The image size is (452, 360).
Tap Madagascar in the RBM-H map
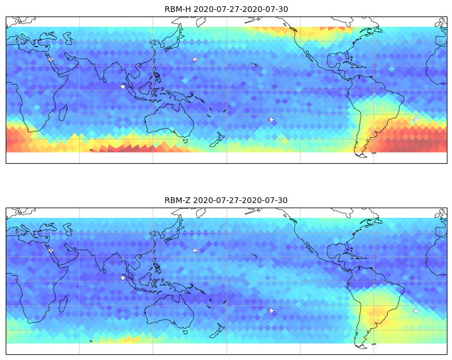[x=63, y=113]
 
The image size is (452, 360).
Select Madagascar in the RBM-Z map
[x=63, y=304]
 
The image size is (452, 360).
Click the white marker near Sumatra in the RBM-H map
[x=123, y=86]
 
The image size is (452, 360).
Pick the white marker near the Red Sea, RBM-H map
[x=51, y=59]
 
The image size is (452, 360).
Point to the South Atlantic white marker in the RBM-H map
[x=416, y=119]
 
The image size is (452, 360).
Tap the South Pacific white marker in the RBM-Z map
[x=272, y=311]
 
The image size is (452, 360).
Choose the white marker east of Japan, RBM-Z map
[x=195, y=250]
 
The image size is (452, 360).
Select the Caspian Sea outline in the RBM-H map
[x=68, y=38]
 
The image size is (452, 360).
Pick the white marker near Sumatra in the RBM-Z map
[x=123, y=278]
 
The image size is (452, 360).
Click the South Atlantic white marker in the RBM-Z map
[x=416, y=311]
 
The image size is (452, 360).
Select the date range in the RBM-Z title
[x=240, y=200]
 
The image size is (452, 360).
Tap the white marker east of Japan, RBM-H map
[x=195, y=59]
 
